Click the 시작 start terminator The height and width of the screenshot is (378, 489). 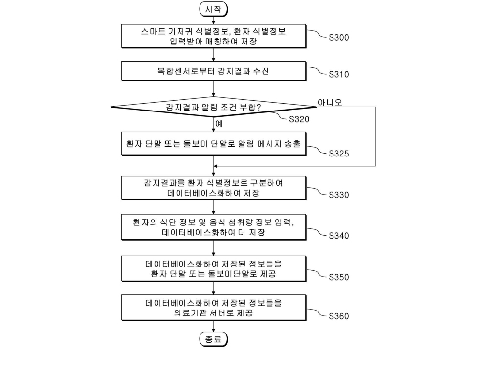214,9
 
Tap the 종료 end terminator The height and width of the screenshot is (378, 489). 214,339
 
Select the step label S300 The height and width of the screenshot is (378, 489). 339,38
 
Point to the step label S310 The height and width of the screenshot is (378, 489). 339,74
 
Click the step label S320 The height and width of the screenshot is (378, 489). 299,119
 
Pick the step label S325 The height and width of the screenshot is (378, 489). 339,154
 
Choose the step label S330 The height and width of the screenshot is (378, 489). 339,195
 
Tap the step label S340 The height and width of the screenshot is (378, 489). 339,236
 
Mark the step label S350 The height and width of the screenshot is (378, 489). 339,277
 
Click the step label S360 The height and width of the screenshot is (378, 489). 339,316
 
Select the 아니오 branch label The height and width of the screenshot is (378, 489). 330,102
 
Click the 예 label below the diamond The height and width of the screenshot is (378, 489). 219,124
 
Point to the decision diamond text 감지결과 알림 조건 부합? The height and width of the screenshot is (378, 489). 214,107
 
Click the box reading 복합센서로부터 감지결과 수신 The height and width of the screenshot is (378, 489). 214,71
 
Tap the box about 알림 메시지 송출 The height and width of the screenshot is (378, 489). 214,144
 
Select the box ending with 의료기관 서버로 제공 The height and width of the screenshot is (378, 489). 214,308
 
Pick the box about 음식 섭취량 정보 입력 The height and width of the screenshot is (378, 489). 214,227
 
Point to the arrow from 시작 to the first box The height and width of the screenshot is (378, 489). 214,21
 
